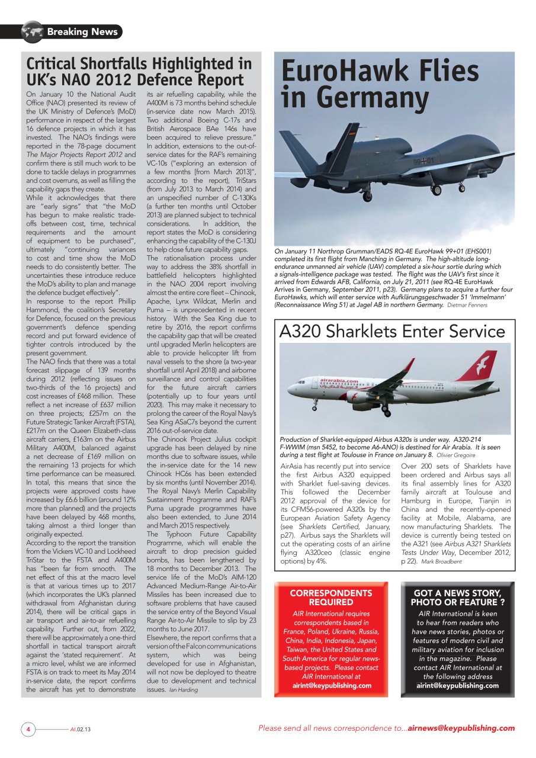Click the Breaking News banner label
pyautogui.click(x=82, y=31)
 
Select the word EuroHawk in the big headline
pyautogui.click(x=341, y=72)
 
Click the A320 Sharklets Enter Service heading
pyautogui.click(x=392, y=331)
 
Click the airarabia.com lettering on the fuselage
pyautogui.click(x=339, y=381)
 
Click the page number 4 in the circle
pyautogui.click(x=27, y=728)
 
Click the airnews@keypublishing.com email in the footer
pyautogui.click(x=461, y=728)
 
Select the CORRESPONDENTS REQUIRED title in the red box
pyautogui.click(x=331, y=597)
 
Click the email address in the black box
pyautogui.click(x=457, y=685)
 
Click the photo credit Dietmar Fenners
pyautogui.click(x=468, y=305)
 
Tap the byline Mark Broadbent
pyautogui.click(x=441, y=561)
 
